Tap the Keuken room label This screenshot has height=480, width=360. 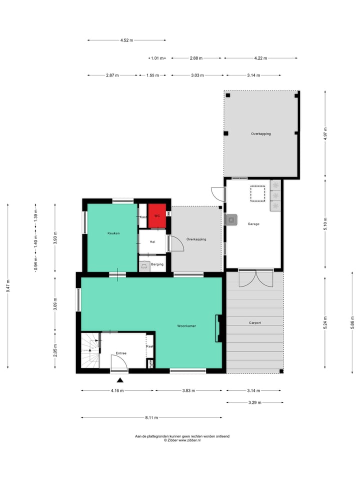pos(113,233)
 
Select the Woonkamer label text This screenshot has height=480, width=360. pos(186,325)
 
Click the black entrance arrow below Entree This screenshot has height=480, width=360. pos(119,380)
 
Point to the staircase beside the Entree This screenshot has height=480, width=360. pos(90,350)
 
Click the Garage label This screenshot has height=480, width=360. pos(253,224)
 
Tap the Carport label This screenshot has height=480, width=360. pos(255,323)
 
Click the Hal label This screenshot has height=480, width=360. pos(153,242)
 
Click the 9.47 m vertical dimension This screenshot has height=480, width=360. pos(8,286)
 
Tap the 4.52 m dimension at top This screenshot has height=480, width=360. pos(127,40)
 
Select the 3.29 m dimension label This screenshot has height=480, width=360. pos(254,402)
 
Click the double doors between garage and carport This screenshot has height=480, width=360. pos(256,278)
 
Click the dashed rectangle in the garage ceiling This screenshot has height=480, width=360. pos(258,193)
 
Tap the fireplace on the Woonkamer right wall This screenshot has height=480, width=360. pos(218,328)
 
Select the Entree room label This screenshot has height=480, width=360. pos(121,353)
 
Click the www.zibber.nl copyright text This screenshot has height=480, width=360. pos(182,440)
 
